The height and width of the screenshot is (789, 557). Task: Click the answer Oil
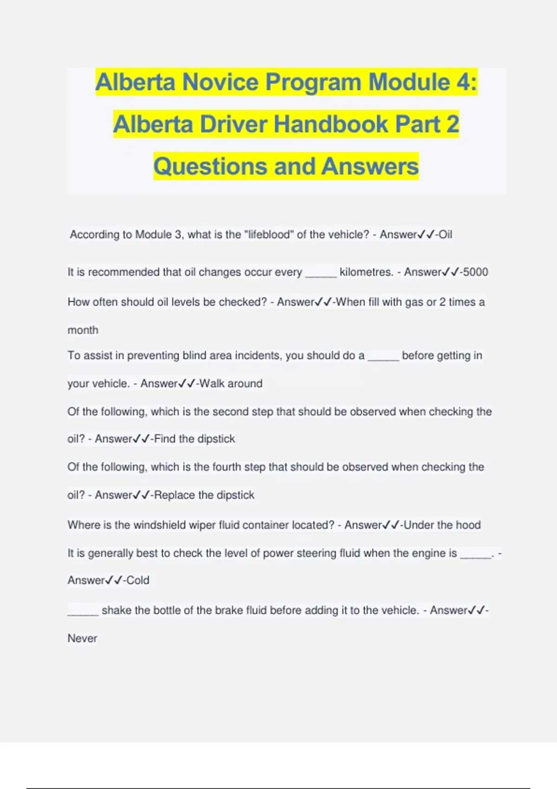pyautogui.click(x=446, y=234)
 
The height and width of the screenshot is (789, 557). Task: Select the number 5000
pyautogui.click(x=475, y=272)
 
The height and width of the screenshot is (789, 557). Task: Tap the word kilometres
pyautogui.click(x=366, y=272)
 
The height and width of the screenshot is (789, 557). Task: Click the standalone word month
pyautogui.click(x=83, y=330)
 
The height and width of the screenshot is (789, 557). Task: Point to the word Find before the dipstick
pyautogui.click(x=165, y=439)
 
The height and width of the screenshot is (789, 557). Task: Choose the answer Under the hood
pyautogui.click(x=442, y=525)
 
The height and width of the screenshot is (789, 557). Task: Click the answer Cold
pyautogui.click(x=138, y=580)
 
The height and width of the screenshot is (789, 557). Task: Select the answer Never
pyautogui.click(x=83, y=639)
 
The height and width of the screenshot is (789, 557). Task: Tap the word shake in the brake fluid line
pyautogui.click(x=117, y=610)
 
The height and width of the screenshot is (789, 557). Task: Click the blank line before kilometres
pyautogui.click(x=321, y=274)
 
